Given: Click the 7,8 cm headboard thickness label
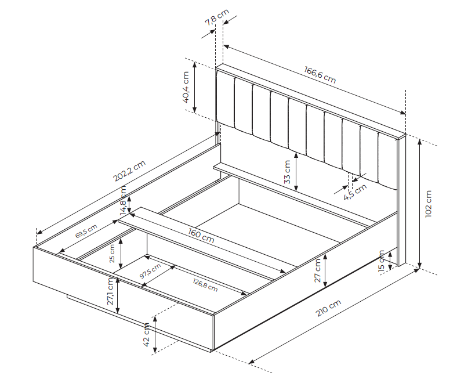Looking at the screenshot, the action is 217,17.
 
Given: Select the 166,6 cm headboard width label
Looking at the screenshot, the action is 320,74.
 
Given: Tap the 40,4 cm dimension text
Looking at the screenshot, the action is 186,87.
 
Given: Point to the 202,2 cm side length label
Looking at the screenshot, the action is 129,171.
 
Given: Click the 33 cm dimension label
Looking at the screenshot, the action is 287,172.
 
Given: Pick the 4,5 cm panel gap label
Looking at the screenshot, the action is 355,192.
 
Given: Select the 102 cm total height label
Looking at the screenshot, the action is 429,204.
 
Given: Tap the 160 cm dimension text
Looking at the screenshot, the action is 201,235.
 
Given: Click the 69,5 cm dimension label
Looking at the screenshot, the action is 86,230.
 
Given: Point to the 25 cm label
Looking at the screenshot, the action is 112,254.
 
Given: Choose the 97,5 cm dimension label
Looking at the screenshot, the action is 150,271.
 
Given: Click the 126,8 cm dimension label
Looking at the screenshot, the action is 205,285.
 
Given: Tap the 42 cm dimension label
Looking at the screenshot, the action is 146,335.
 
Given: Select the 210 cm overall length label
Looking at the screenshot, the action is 328,308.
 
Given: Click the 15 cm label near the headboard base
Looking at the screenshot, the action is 381,262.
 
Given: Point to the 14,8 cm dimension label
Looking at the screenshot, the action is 124,201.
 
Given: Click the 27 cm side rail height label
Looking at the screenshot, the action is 317,270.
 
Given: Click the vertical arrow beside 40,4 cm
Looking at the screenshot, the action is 195,87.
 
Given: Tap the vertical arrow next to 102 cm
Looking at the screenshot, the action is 420,204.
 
